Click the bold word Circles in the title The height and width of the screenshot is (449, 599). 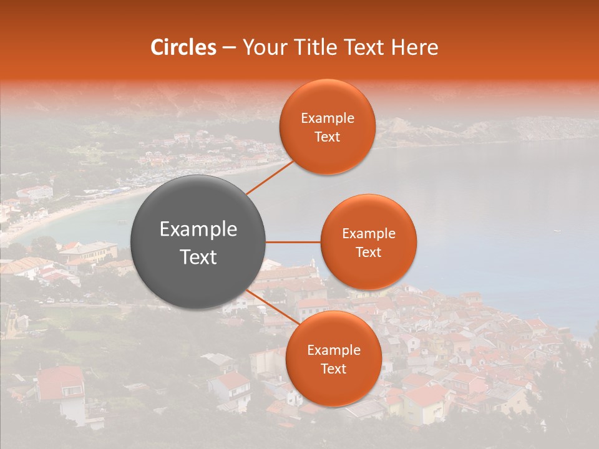pos(183,47)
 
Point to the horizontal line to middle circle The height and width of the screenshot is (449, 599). pos(293,242)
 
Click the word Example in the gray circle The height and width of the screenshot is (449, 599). pos(198,229)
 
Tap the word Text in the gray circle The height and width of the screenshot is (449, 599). pos(198,257)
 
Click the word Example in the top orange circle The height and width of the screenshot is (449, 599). pos(327,118)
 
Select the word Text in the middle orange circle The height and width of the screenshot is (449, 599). pos(368,252)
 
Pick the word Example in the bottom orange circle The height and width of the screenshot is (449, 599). pos(333,350)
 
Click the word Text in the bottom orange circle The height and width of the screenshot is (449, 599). pos(333,369)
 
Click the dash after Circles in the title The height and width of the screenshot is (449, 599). pos(228,47)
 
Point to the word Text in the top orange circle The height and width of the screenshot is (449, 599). pos(327,137)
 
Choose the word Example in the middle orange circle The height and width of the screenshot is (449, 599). pos(368,234)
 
